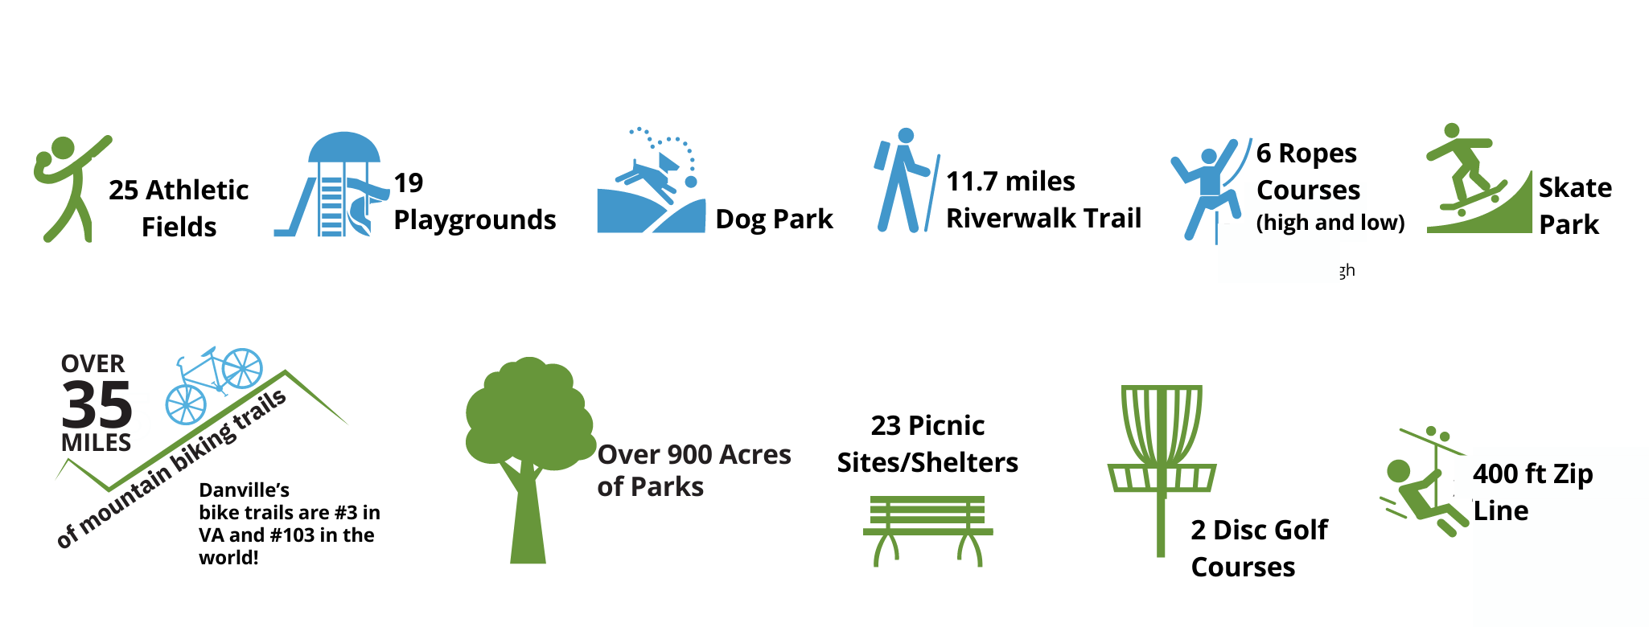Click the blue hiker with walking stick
click(906, 180)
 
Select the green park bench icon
click(927, 531)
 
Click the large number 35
click(97, 404)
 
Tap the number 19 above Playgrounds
click(409, 183)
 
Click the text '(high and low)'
click(1330, 223)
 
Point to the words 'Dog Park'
click(774, 219)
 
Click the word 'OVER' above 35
click(93, 363)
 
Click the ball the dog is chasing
click(690, 182)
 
